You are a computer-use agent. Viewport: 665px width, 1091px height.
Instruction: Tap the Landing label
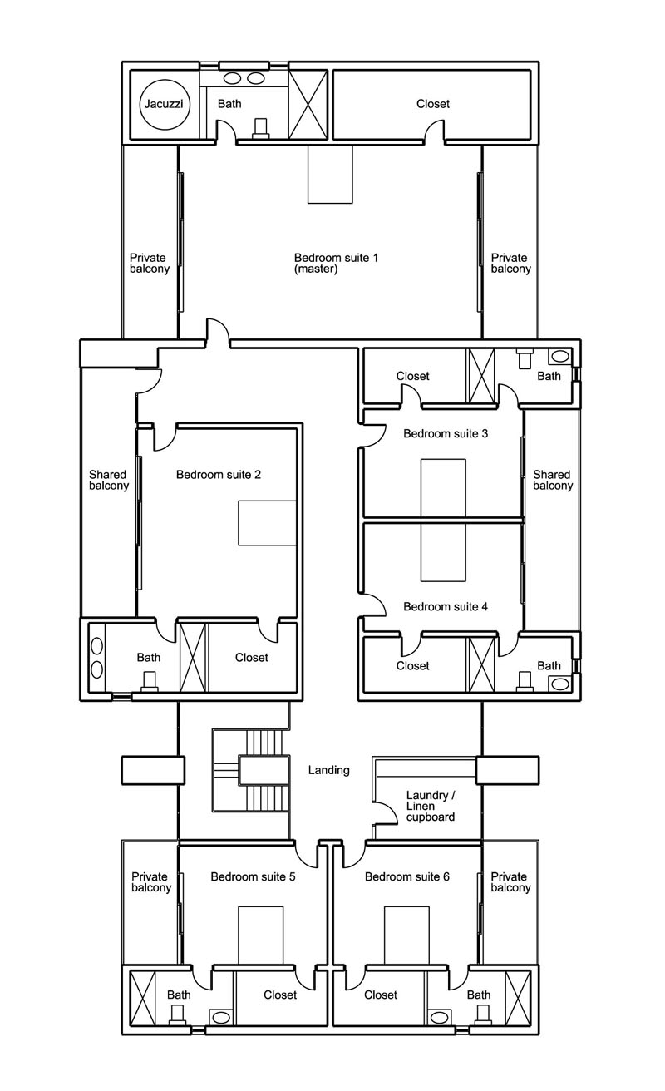click(x=328, y=770)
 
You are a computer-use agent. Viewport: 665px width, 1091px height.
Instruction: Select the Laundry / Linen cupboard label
click(x=431, y=806)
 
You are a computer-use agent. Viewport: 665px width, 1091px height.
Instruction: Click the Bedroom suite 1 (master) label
click(x=336, y=263)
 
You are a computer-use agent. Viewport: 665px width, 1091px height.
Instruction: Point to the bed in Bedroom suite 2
click(x=268, y=522)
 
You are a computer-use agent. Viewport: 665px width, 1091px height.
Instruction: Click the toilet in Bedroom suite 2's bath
click(x=150, y=681)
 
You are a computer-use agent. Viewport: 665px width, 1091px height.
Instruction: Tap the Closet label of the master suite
click(x=433, y=104)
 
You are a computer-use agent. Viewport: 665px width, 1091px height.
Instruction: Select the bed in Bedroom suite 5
click(x=260, y=935)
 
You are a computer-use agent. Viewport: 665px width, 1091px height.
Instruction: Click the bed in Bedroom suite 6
click(x=406, y=935)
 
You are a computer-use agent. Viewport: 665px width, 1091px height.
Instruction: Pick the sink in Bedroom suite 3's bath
click(x=559, y=357)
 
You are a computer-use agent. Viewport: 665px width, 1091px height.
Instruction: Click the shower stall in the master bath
click(x=308, y=104)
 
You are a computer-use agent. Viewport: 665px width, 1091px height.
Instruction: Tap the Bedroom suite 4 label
click(x=446, y=606)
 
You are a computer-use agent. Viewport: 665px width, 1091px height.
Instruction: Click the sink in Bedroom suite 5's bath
click(x=220, y=1018)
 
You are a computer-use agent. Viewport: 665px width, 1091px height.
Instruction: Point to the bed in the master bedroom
click(x=330, y=175)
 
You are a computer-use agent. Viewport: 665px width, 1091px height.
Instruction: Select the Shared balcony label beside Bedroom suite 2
click(x=109, y=480)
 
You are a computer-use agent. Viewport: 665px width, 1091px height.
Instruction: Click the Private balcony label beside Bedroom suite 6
click(x=510, y=882)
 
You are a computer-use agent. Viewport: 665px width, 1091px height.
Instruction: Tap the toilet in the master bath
click(x=262, y=128)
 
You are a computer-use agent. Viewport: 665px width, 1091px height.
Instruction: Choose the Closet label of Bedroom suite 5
click(x=280, y=995)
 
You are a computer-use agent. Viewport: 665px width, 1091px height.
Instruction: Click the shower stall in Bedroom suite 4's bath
click(x=481, y=665)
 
